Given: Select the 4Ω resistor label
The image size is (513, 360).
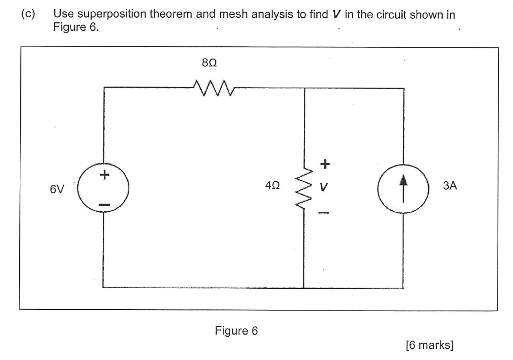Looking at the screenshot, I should coord(272,187).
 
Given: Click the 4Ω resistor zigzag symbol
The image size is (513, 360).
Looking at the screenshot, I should coord(304,187).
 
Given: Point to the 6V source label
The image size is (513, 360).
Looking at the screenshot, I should coord(57,189).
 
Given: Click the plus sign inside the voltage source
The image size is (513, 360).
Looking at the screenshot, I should coord(104,175).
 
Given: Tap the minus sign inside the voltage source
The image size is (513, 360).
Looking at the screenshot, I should coord(104,205).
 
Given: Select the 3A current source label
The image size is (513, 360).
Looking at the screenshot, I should coord(450,186).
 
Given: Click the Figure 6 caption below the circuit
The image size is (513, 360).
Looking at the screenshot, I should coord(236,331).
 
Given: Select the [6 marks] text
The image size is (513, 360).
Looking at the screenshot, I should coord(430,345).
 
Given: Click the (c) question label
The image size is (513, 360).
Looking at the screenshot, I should coord(28,14).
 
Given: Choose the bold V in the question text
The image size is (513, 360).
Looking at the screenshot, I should coord(335,14).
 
